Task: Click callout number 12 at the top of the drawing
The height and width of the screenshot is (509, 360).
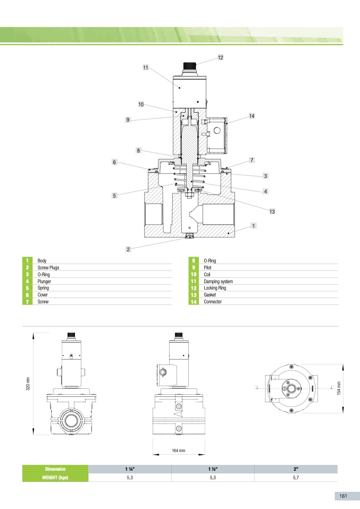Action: click(x=220, y=57)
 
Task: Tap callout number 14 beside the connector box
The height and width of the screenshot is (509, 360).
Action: click(x=252, y=116)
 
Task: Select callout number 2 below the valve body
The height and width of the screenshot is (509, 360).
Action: click(x=128, y=249)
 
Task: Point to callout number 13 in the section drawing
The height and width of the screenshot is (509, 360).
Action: click(x=272, y=211)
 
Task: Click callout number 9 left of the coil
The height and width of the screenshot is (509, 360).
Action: click(x=128, y=120)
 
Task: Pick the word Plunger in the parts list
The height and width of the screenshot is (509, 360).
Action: click(x=44, y=282)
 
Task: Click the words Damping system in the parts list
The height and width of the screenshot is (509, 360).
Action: click(x=219, y=282)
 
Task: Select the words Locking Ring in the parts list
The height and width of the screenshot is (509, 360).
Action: click(x=215, y=288)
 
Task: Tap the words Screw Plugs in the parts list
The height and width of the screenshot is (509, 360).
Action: click(x=48, y=267)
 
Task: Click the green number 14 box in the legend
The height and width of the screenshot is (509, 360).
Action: click(x=194, y=302)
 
